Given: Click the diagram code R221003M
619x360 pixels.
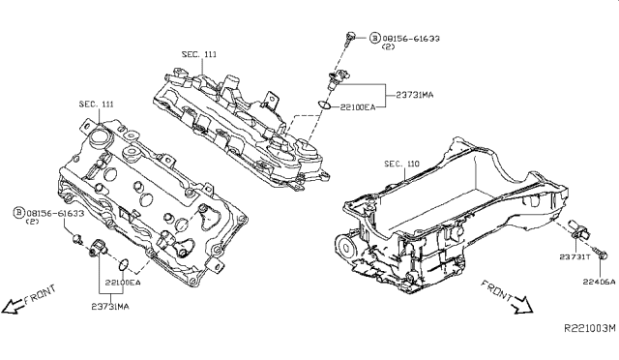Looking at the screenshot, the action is tap(590, 328).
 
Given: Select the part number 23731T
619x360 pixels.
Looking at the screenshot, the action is tap(575, 256).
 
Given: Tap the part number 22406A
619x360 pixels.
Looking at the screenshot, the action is tap(600, 282).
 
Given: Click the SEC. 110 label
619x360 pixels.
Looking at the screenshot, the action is tap(402, 164).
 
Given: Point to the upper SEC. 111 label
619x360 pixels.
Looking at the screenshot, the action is tap(199, 54).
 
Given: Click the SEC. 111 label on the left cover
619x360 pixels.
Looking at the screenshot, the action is tap(97, 104).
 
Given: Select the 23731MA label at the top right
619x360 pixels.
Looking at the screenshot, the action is tap(415, 95).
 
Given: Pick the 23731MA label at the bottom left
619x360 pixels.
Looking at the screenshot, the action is tap(110, 306).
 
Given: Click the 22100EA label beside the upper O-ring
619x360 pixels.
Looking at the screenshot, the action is tap(358, 106).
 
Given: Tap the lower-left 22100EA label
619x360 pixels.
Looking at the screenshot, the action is tap(123, 283).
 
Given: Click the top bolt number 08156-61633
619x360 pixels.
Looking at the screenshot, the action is tap(411, 39).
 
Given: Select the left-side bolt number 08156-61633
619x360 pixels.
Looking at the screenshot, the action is tap(55, 214).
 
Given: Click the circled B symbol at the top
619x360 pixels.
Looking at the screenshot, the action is tap(374, 38).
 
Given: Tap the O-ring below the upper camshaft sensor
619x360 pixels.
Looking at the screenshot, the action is tap(324, 105).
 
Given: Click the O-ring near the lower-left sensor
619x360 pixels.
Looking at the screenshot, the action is tap(124, 264).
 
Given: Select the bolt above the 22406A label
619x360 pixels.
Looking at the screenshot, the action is tap(600, 254).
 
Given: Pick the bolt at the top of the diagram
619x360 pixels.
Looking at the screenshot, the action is tap(349, 39).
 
